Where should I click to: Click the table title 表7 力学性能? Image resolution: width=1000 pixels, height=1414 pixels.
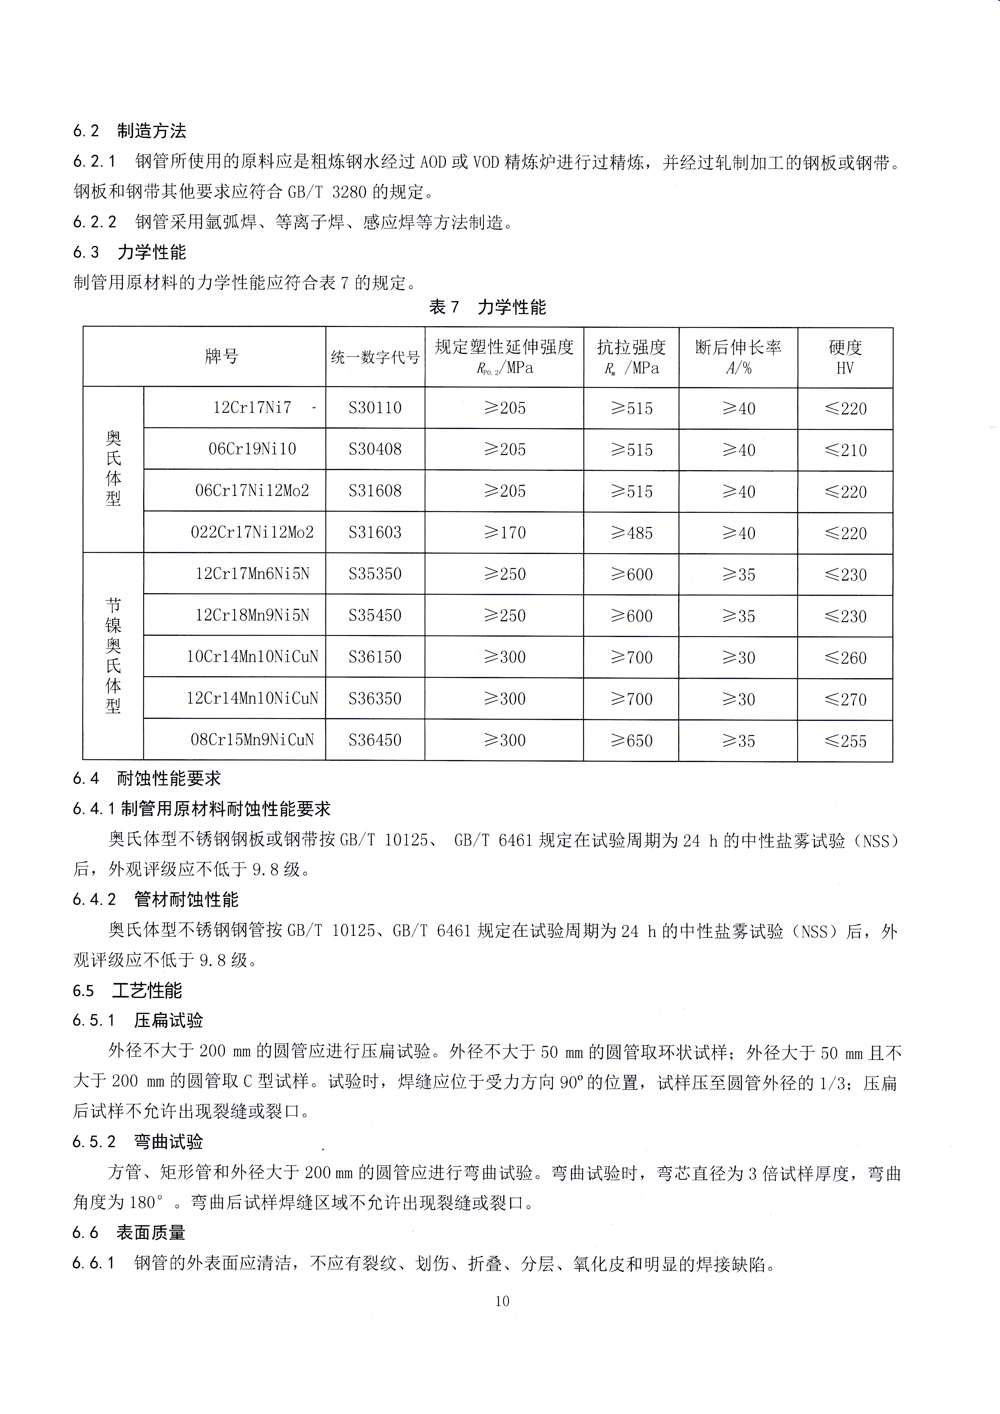(487, 307)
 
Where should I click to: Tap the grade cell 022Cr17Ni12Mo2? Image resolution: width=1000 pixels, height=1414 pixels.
(252, 532)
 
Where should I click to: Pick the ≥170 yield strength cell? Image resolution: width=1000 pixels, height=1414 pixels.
(504, 532)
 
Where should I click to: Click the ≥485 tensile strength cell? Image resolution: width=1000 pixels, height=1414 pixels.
(631, 533)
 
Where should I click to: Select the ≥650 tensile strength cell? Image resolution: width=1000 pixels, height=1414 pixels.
(631, 740)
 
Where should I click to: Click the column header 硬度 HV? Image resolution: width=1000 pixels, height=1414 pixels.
(845, 357)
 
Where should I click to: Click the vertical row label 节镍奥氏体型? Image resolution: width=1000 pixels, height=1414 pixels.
(113, 656)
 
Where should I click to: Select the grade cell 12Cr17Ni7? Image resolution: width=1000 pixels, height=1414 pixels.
(252, 407)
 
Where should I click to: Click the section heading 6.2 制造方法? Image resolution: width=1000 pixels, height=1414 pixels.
(129, 131)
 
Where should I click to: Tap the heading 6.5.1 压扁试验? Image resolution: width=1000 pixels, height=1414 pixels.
(137, 1020)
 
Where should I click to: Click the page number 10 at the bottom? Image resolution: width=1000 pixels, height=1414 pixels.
(502, 1301)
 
